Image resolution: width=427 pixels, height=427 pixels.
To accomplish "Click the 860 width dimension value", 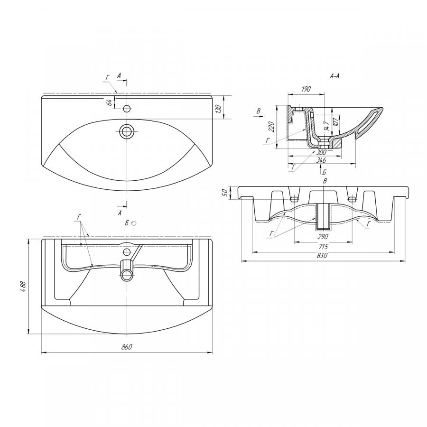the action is pyautogui.click(x=127, y=347).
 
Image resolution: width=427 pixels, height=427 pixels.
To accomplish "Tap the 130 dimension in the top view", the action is pyautogui.click(x=218, y=109).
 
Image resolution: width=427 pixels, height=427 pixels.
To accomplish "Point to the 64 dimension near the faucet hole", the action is pyautogui.click(x=109, y=102).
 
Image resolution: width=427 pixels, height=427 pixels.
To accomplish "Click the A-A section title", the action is pyautogui.click(x=334, y=76).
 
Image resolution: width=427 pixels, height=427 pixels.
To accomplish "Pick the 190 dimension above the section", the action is pyautogui.click(x=306, y=89).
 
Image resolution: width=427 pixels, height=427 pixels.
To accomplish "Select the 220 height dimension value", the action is pyautogui.click(x=271, y=127).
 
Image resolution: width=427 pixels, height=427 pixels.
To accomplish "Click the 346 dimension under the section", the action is pyautogui.click(x=321, y=160).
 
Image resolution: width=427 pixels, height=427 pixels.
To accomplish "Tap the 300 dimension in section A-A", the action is pyautogui.click(x=321, y=152).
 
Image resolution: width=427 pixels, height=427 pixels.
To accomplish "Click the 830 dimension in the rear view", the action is pyautogui.click(x=322, y=255).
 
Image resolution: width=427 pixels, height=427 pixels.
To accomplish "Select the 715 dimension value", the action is pyautogui.click(x=323, y=247).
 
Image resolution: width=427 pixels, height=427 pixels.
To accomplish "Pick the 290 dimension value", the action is pyautogui.click(x=323, y=236).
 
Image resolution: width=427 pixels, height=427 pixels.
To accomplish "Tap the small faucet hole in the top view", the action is pyautogui.click(x=126, y=109).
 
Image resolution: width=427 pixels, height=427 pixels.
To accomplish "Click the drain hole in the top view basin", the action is pyautogui.click(x=126, y=131).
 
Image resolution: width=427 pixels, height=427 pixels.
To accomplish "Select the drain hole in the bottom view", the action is pyautogui.click(x=126, y=275).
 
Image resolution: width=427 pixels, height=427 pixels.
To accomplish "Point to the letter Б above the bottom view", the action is pyautogui.click(x=127, y=223).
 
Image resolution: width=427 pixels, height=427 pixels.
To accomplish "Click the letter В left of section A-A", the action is pyautogui.click(x=259, y=111).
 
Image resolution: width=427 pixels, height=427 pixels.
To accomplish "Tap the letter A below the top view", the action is pyautogui.click(x=120, y=213).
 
